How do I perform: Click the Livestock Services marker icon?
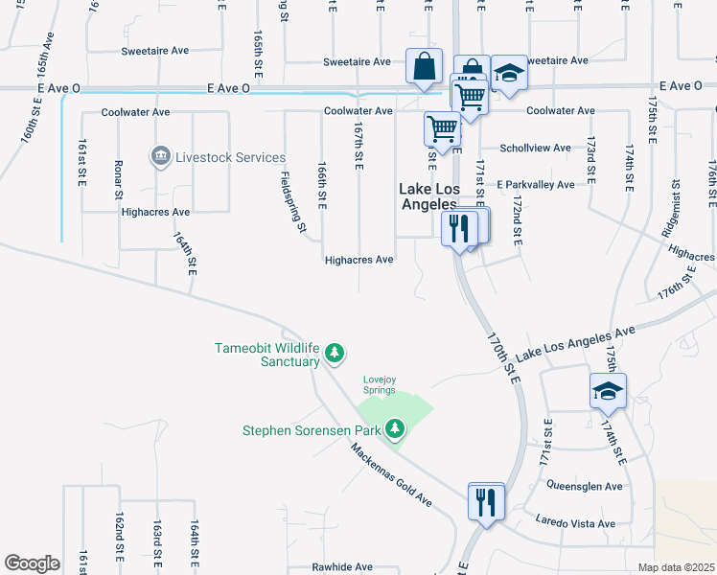[x=160, y=155]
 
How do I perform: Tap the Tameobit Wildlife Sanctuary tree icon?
[x=335, y=354]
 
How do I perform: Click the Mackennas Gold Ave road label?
[x=391, y=475]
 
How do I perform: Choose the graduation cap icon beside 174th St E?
[x=608, y=391]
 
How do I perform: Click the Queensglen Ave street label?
[x=585, y=486]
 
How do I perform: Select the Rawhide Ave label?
[x=342, y=566]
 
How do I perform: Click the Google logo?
[x=32, y=563]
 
